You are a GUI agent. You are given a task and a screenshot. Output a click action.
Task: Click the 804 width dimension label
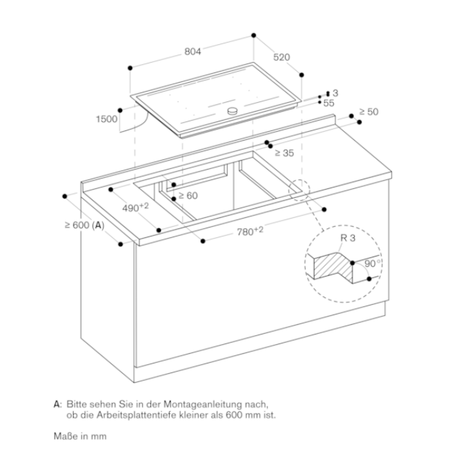[x=193, y=52]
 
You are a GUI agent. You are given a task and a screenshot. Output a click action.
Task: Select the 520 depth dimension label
[x=282, y=57]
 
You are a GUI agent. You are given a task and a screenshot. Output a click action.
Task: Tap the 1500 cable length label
[x=106, y=119]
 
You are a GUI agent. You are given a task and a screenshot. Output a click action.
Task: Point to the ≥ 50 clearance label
[x=369, y=112]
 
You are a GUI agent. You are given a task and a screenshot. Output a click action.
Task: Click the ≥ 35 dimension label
[x=284, y=153]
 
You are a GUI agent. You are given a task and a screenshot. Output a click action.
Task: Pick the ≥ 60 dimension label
[x=188, y=196]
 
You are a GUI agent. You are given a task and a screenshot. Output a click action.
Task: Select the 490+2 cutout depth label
[x=135, y=207]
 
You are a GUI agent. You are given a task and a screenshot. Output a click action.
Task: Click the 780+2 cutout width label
[x=251, y=231]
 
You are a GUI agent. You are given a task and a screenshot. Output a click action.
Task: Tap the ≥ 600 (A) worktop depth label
[x=84, y=225]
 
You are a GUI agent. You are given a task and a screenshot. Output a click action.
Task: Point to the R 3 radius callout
[x=348, y=238]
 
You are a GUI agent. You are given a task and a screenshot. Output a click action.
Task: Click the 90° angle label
[x=372, y=263]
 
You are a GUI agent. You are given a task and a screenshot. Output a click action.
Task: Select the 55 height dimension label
[x=328, y=103]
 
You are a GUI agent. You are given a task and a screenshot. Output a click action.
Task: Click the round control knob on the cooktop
[x=233, y=111]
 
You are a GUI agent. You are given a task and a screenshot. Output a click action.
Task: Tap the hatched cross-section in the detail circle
[x=333, y=268]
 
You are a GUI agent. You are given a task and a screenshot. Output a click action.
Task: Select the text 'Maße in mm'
[x=80, y=436]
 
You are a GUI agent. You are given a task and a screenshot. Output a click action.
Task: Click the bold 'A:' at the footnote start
[x=58, y=404]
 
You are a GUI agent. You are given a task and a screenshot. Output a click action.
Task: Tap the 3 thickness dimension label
[x=335, y=93]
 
